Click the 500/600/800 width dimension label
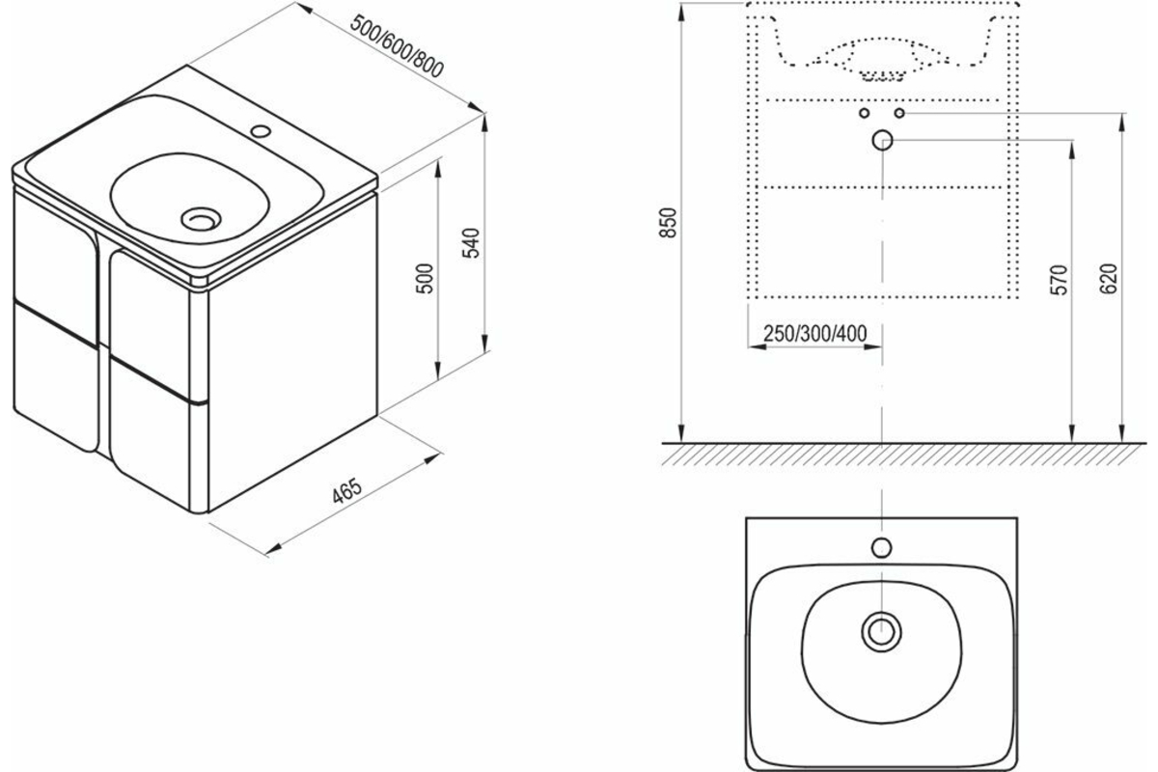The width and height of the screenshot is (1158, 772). [397, 46]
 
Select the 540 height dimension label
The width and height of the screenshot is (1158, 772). [471, 243]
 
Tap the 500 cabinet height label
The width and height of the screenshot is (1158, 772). [425, 279]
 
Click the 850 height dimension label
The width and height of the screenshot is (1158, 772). [668, 222]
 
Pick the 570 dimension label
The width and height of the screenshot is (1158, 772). [1059, 280]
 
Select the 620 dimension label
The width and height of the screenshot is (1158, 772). [1109, 279]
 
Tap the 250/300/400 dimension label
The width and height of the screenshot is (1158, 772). [815, 334]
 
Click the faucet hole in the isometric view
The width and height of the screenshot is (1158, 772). [261, 130]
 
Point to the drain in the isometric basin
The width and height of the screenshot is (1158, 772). [201, 219]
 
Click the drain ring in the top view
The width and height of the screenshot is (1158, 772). [881, 631]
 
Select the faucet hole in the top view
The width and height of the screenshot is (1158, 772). [881, 547]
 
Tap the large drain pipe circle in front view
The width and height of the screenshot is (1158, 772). [882, 140]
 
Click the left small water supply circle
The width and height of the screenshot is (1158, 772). [864, 113]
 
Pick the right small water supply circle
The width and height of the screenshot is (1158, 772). [899, 113]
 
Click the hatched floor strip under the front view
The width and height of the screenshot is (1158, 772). [903, 455]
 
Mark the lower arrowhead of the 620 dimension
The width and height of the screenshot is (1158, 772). [1121, 432]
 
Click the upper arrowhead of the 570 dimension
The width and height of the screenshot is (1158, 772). [1073, 151]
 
